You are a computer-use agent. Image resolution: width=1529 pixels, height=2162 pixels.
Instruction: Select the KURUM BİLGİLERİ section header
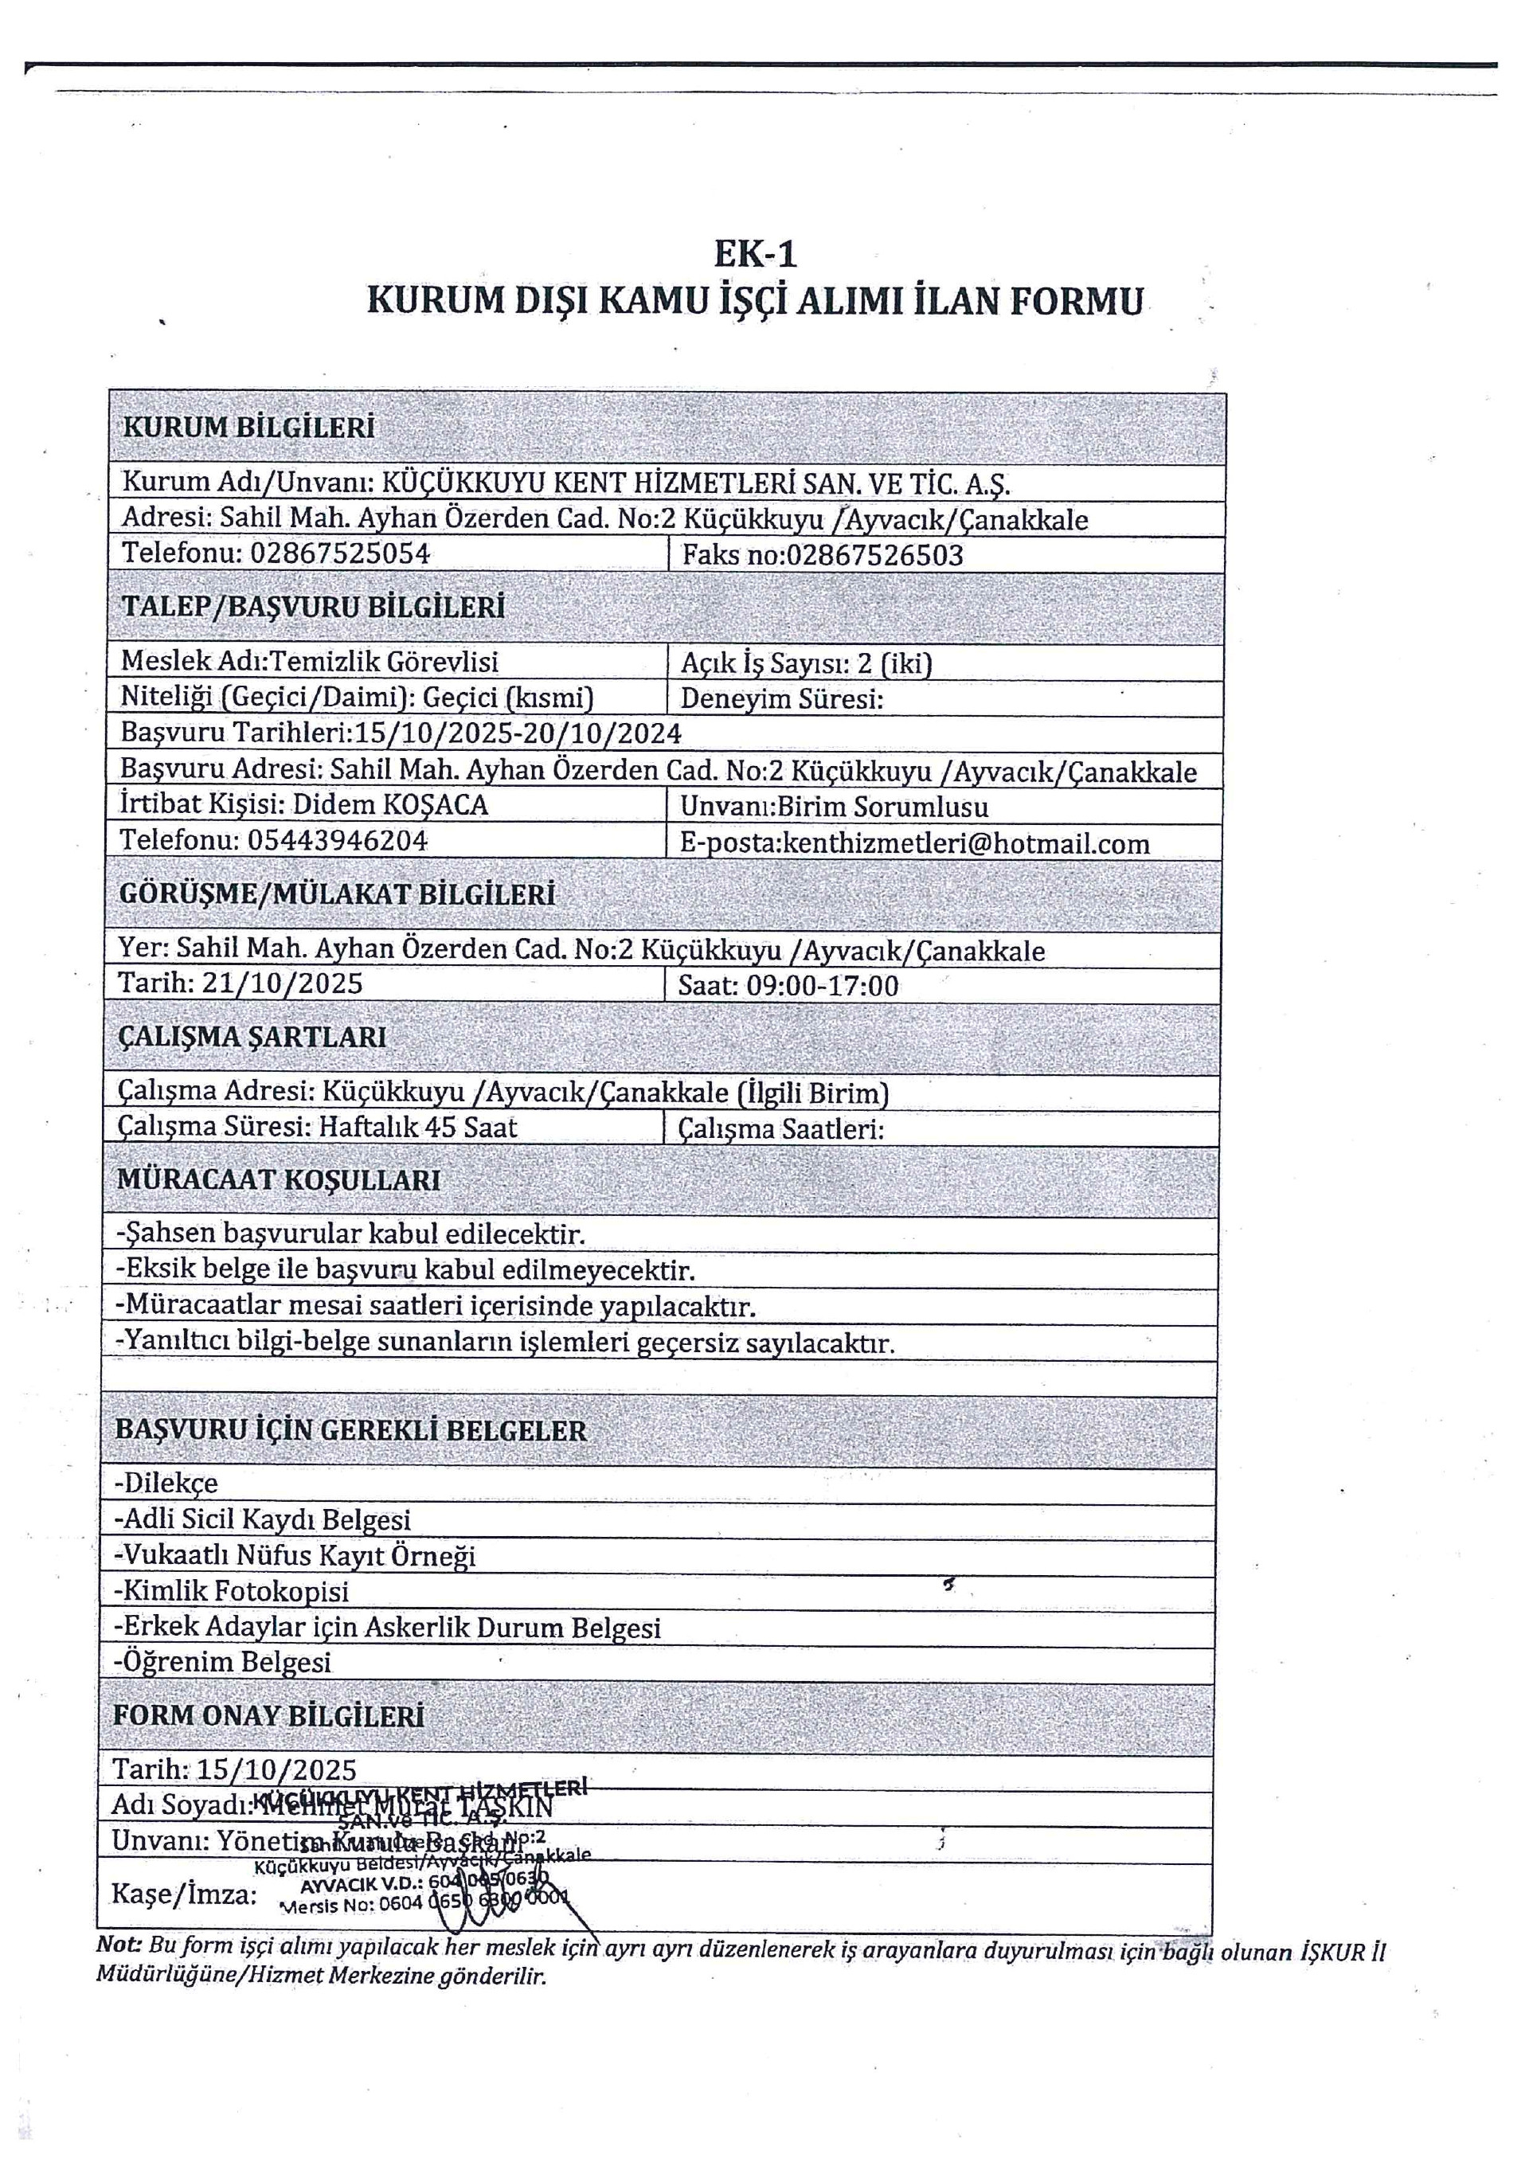248,428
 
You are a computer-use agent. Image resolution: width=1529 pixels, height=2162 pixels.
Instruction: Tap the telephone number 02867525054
340,553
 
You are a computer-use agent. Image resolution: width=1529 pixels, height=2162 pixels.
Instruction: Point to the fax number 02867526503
874,556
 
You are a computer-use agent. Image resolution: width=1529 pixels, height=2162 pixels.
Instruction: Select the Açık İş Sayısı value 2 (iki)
894,664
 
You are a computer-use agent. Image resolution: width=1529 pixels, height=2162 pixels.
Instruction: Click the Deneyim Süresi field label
781,700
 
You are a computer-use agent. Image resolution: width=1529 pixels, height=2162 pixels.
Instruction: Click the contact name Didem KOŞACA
391,805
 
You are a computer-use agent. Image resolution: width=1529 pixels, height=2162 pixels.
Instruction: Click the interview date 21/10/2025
283,984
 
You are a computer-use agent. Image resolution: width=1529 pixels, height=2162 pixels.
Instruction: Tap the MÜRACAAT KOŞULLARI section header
278,1180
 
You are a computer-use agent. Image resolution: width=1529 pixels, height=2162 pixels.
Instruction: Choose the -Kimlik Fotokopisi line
231,1590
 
